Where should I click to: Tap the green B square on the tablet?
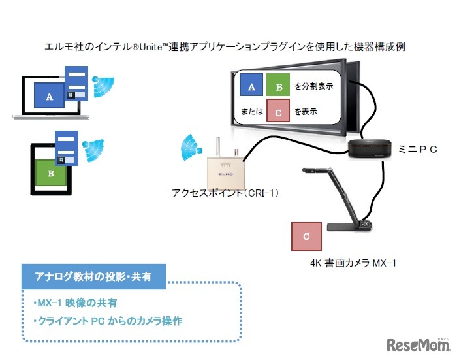(50, 174)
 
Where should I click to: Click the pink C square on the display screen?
(278, 112)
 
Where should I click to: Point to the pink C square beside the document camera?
(307, 237)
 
